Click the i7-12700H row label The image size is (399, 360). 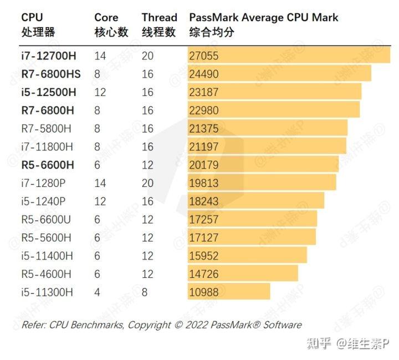coord(49,55)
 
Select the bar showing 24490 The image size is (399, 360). coord(279,74)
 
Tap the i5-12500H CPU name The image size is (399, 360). coord(49,92)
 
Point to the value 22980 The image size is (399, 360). coord(203,110)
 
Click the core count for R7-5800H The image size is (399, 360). coord(98,129)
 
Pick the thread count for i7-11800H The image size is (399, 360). coord(147,146)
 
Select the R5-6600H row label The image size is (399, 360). coord(48,165)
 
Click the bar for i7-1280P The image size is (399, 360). coord(262,183)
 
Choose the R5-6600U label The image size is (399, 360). coord(46,220)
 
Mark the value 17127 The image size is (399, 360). coord(203,238)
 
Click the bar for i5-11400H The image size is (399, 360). coord(247,256)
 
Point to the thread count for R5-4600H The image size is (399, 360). coord(147,274)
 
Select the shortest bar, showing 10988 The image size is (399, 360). coord(228,292)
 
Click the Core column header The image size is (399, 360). coord(106,18)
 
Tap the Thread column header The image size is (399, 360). coord(159,18)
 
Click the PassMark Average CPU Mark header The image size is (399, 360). coord(264,18)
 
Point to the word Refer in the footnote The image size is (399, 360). coord(33,325)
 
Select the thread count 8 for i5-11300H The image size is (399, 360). coord(145,292)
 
